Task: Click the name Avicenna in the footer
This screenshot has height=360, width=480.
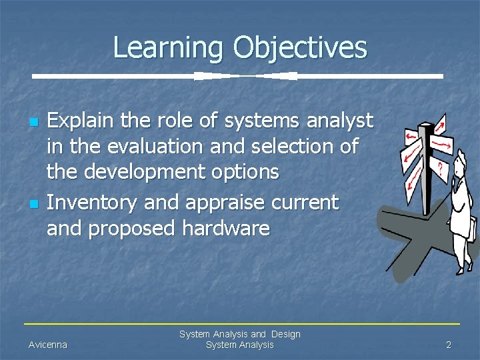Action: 47,345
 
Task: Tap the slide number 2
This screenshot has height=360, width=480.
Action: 449,345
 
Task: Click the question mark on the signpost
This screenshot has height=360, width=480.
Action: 440,166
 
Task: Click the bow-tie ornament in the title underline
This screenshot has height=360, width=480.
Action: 246,76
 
